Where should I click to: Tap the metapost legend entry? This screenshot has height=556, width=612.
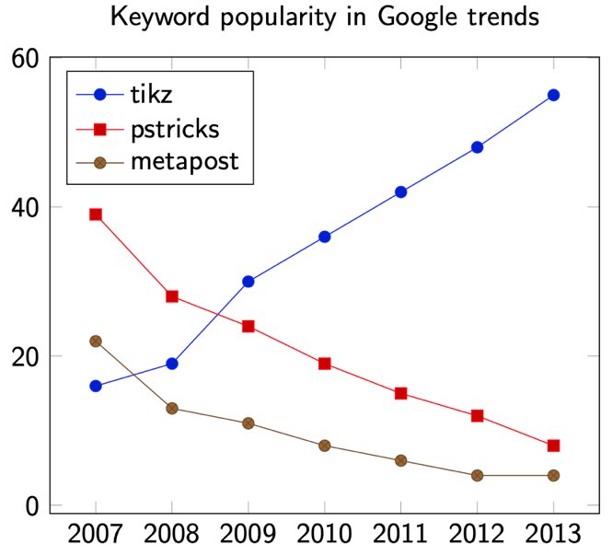[184, 162]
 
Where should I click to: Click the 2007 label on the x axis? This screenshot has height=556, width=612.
[96, 534]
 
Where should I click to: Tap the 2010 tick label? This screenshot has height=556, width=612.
[325, 534]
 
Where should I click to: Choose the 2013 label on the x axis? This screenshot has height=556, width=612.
[553, 534]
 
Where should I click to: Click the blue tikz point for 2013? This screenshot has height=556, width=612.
[553, 95]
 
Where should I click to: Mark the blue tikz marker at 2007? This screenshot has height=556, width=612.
[96, 386]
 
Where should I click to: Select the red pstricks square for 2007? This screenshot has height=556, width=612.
[96, 214]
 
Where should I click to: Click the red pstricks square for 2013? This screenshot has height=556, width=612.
[553, 446]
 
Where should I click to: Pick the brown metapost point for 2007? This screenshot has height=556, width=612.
[96, 342]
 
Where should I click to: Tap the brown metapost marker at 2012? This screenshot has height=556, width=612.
[477, 475]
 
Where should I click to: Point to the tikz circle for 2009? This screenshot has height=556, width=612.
[248, 282]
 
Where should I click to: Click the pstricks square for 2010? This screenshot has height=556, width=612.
[325, 364]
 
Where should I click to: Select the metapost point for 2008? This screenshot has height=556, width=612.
[172, 408]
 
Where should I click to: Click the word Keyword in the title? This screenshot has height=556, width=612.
[151, 17]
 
